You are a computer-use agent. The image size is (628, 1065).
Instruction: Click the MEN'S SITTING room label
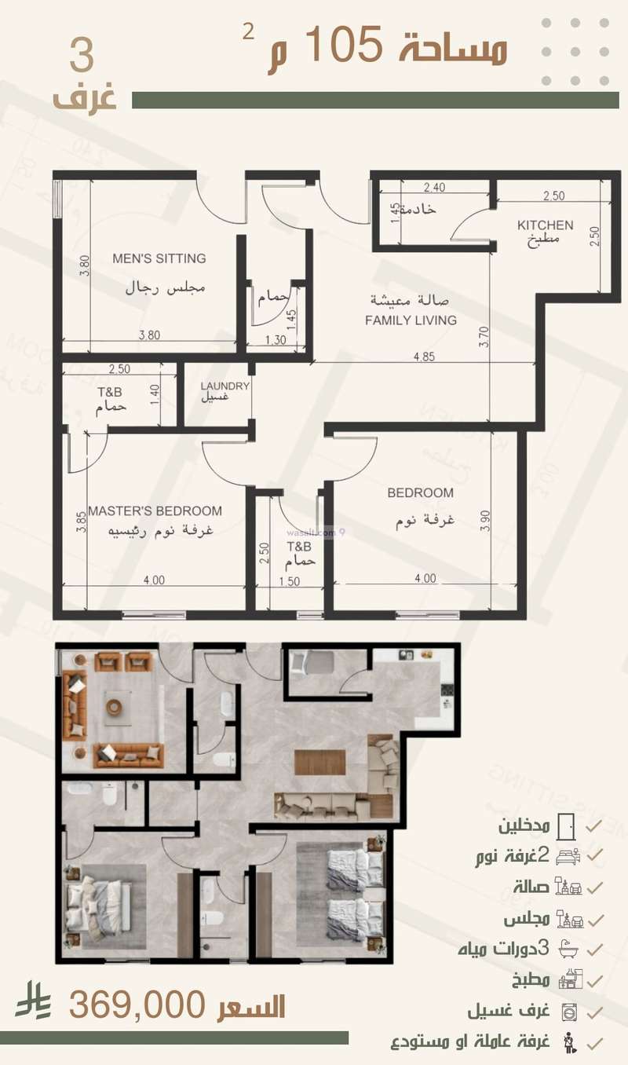coord(159,258)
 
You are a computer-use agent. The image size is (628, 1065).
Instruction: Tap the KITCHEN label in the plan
coord(545,225)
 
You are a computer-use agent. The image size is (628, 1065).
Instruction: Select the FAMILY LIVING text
coord(411,320)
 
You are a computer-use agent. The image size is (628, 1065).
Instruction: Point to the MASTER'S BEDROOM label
coord(155,511)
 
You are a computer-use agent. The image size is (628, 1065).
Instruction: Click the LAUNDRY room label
coord(225,386)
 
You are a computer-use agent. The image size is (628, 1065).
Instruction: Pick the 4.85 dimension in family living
coord(424,356)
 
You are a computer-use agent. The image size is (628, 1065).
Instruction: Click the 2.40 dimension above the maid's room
coord(434,188)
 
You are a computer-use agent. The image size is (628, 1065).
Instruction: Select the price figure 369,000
coord(138,1004)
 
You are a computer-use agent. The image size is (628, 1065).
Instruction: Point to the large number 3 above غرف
coord(82,57)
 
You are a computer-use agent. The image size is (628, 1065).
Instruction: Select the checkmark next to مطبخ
coord(595,980)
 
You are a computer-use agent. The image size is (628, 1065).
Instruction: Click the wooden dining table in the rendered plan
coord(319,762)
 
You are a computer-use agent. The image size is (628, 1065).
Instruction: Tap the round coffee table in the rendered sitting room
coord(115,705)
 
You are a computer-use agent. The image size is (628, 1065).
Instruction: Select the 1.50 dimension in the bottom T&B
coord(290,581)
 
